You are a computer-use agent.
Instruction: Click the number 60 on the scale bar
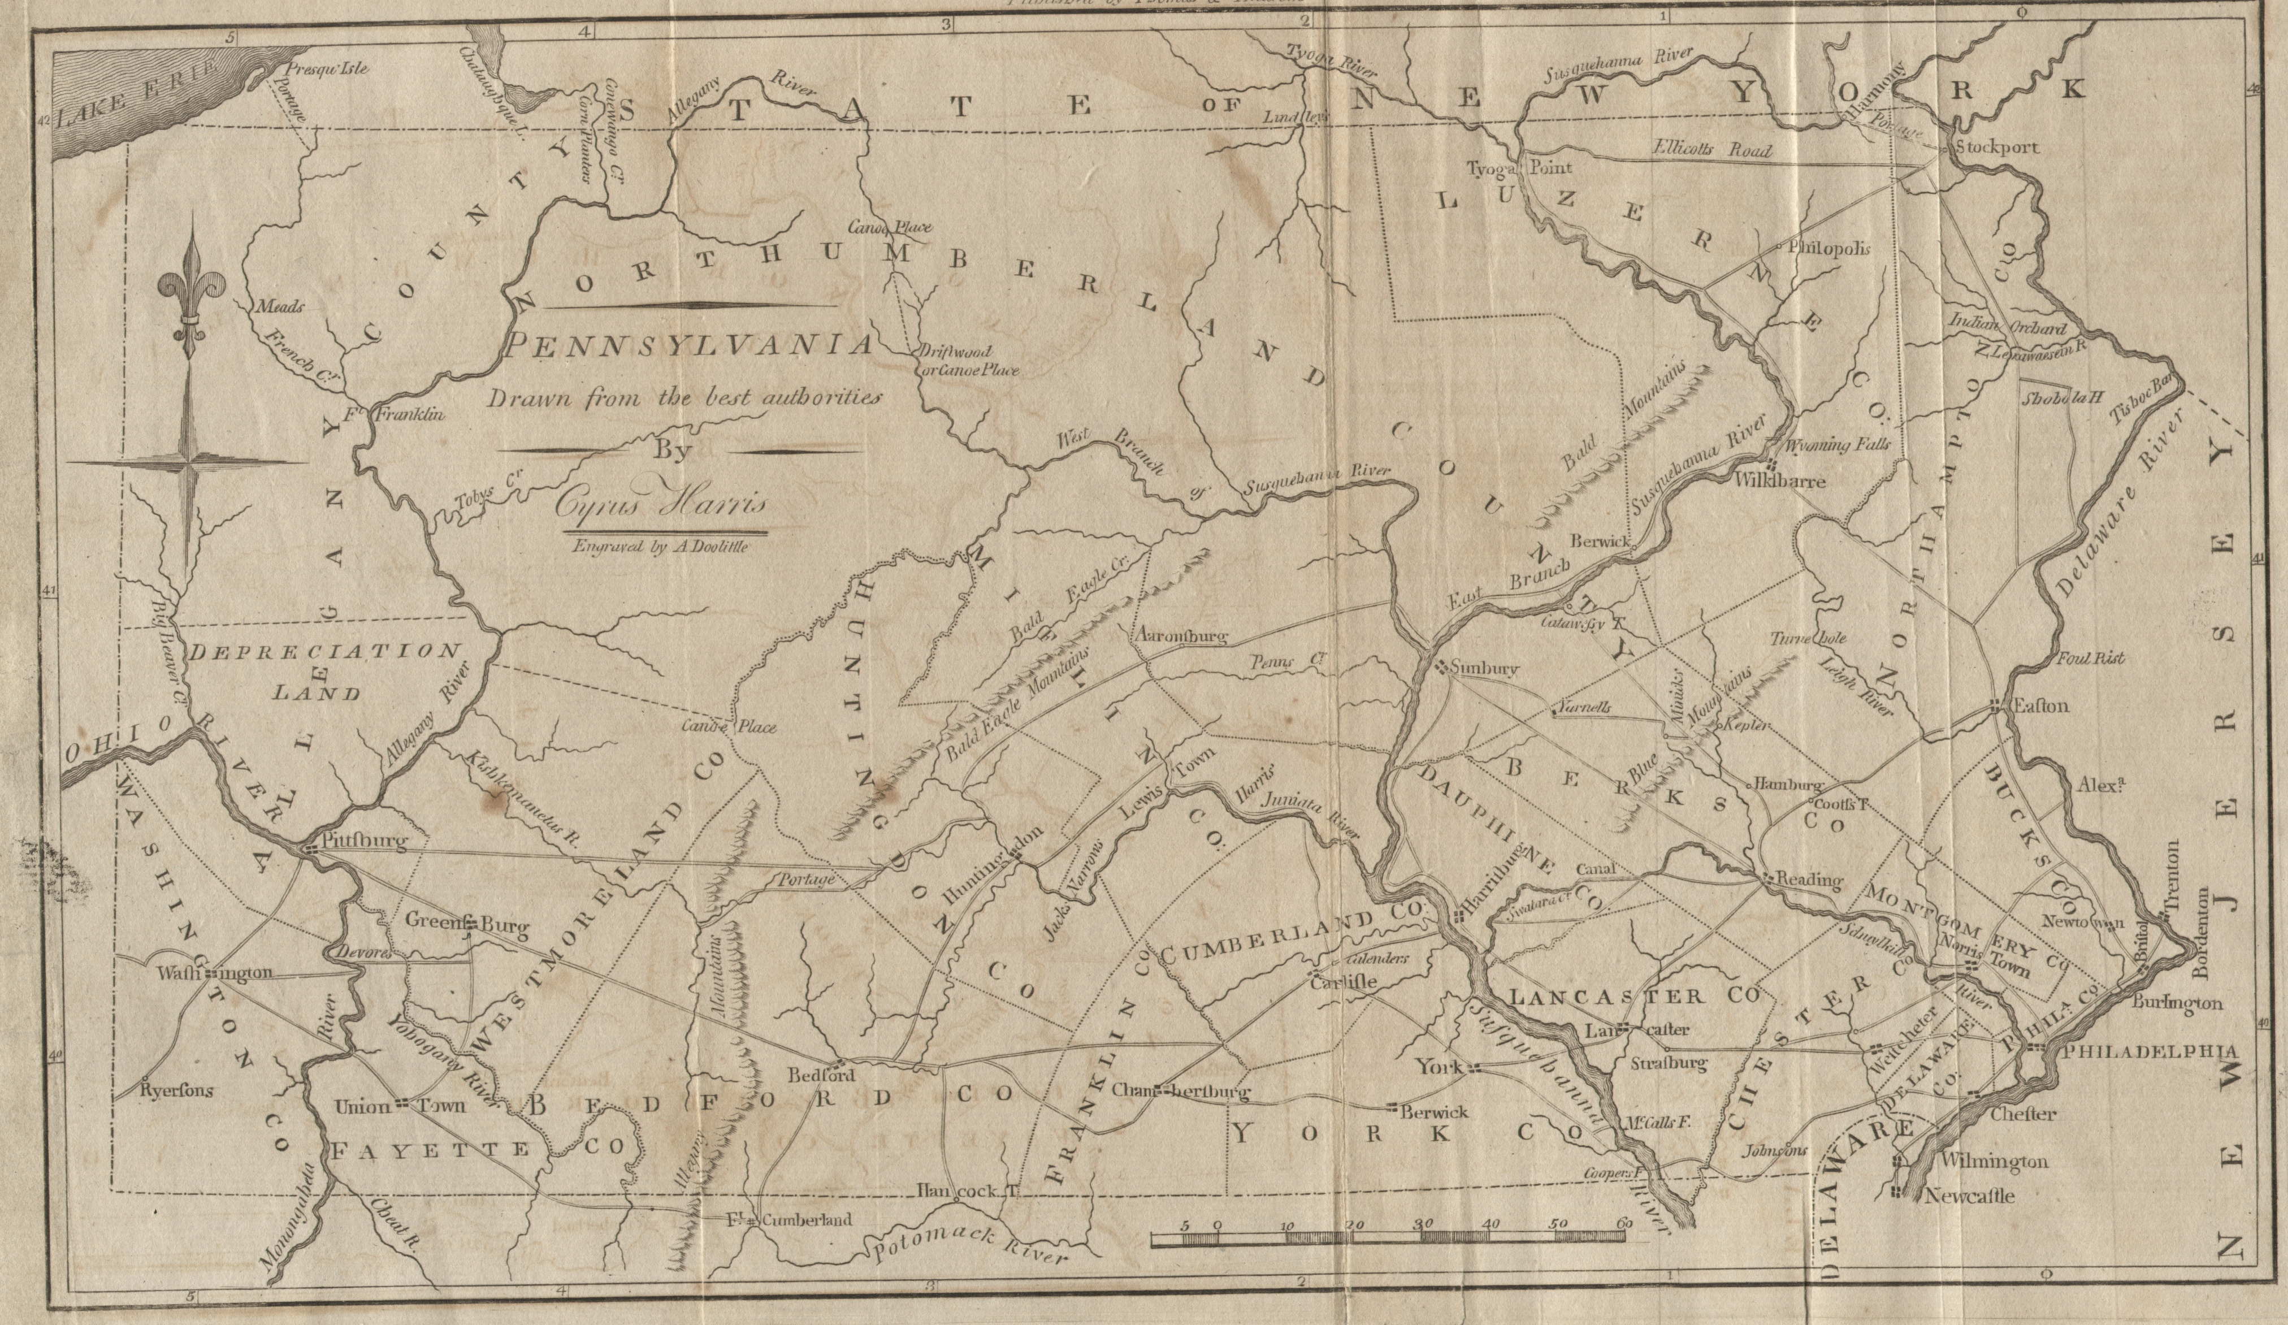[x=1620, y=1225]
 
